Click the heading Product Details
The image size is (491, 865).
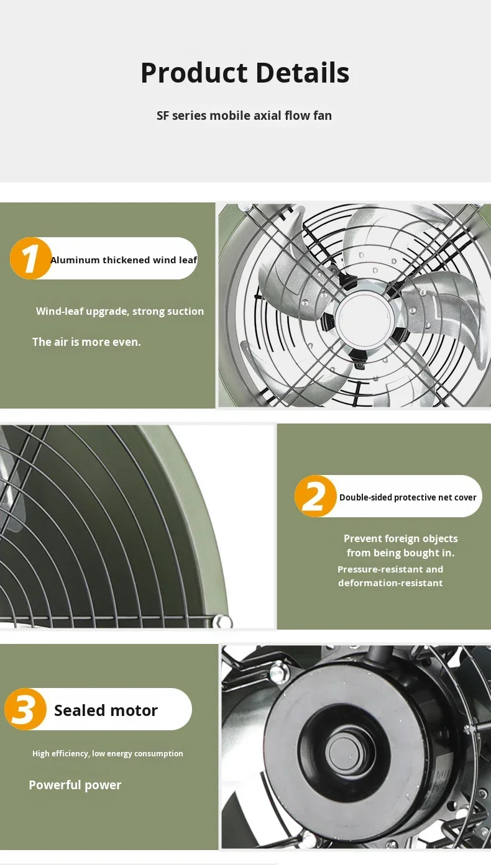click(x=245, y=73)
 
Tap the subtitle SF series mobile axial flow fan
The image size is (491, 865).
click(x=244, y=115)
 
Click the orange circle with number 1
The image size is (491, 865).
click(x=30, y=258)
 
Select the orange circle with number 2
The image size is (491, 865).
click(x=315, y=496)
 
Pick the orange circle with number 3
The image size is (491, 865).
click(x=25, y=709)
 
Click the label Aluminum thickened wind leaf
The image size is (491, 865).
click(x=124, y=260)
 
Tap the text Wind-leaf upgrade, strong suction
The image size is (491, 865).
click(x=120, y=311)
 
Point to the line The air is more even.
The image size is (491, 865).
click(x=86, y=342)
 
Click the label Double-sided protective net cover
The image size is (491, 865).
click(x=408, y=497)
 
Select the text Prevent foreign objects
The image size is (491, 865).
click(x=400, y=538)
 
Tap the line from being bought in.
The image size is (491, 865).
click(x=400, y=553)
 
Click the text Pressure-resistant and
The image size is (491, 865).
click(x=390, y=569)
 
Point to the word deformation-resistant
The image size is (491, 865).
click(x=390, y=582)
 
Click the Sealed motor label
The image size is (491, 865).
click(x=106, y=710)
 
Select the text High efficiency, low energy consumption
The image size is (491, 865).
click(x=108, y=753)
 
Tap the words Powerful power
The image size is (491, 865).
click(x=75, y=785)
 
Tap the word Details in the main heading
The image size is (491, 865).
click(x=302, y=73)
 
